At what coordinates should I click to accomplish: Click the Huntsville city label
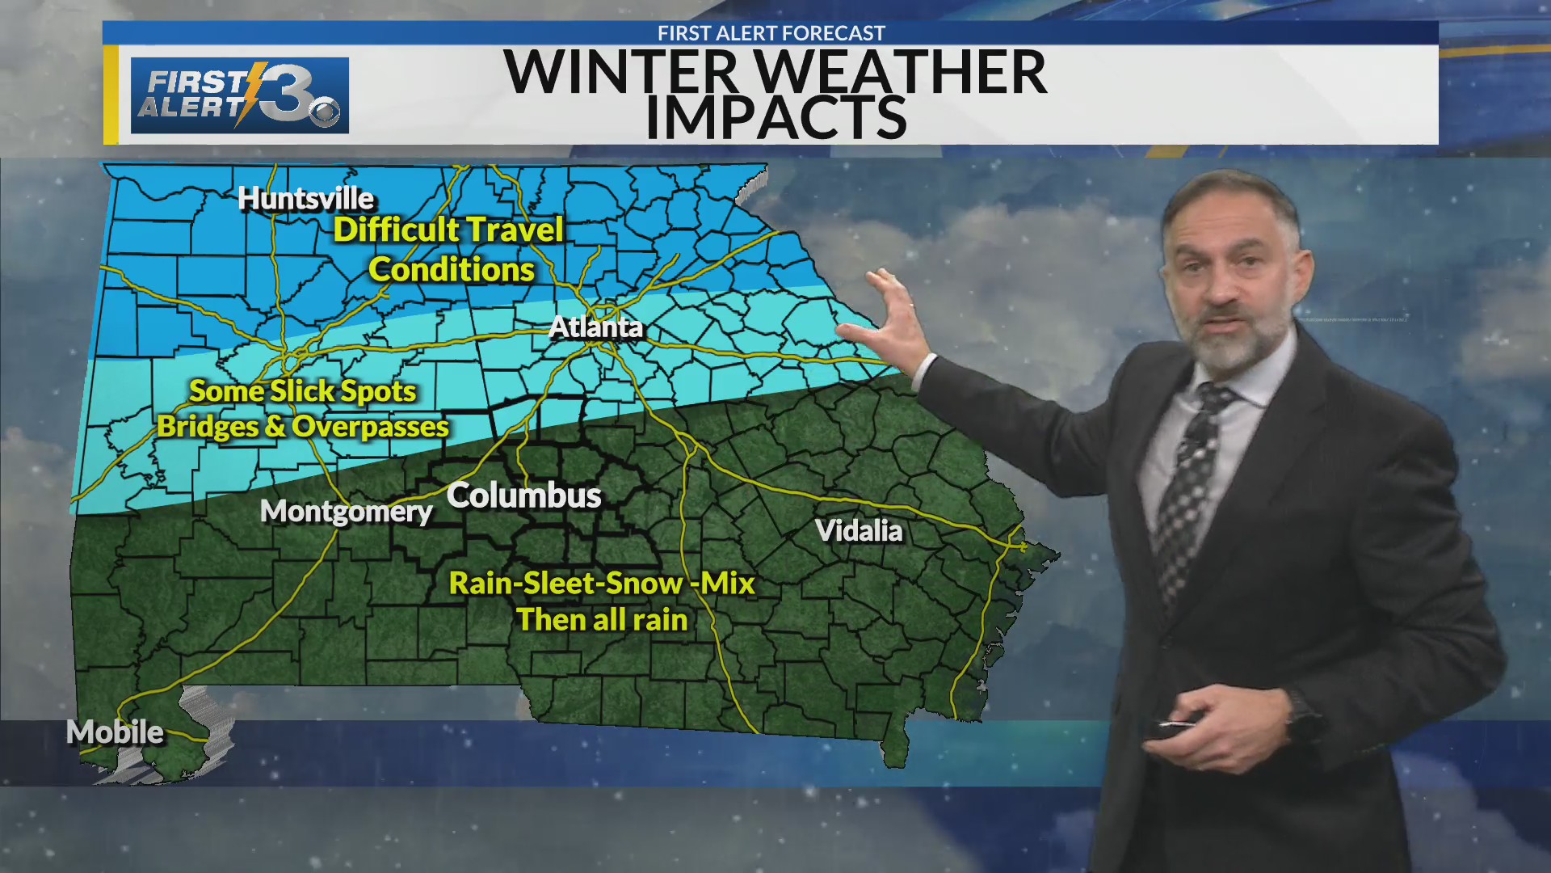pos(306,198)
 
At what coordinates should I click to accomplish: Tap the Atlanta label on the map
pos(596,327)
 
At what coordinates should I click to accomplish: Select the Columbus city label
pos(523,496)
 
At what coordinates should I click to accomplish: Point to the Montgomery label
pos(347,511)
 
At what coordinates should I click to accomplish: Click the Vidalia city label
pos(859,531)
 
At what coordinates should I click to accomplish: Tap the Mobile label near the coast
pos(115,732)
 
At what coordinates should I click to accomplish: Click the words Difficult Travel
pos(448,230)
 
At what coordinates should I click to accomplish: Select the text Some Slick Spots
pos(302,391)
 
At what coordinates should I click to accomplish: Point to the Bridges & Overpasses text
pos(303,427)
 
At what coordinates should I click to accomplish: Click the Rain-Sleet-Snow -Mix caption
pos(602,584)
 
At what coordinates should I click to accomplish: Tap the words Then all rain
pos(602,620)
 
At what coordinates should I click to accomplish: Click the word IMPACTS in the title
pos(775,118)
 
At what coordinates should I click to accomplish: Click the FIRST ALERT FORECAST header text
pos(771,33)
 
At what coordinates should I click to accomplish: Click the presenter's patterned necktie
pos(1187,493)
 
